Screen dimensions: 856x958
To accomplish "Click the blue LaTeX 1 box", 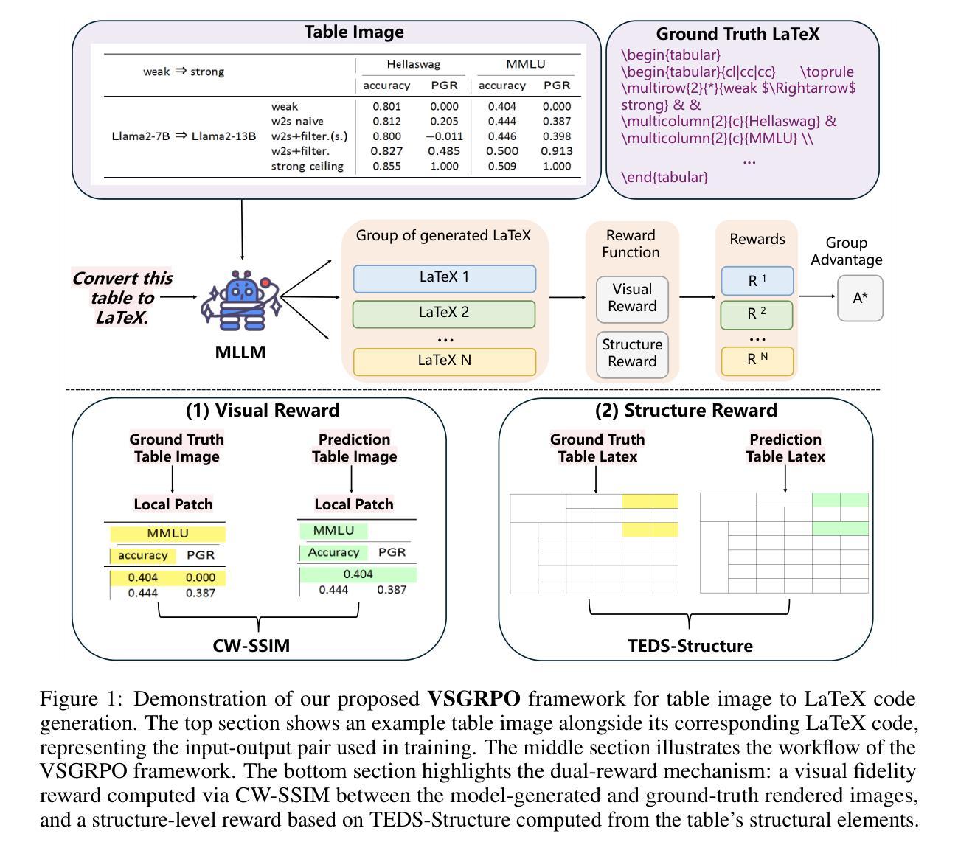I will coord(444,278).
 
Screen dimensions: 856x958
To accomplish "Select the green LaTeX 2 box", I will coord(444,313).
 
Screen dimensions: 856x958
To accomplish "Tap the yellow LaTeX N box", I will coord(444,361).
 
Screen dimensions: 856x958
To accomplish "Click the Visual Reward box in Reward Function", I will coord(632,298).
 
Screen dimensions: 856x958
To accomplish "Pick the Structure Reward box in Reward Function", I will coord(632,353).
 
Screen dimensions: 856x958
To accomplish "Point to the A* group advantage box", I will coord(860,298).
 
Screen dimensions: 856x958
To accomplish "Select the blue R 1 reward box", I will coord(757,280).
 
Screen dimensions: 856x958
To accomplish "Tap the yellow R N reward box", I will coord(757,360).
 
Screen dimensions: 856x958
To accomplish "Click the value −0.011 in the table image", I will coord(444,136).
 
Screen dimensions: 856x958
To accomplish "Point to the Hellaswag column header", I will coord(413,65).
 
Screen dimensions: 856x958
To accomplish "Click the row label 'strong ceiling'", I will coord(307,166).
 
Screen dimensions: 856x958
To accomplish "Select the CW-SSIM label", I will coord(251,646).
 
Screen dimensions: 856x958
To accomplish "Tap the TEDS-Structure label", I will coord(690,646).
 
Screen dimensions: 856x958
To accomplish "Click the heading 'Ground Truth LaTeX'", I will coord(737,34).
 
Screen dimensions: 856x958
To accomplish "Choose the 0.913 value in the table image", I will coord(557,151).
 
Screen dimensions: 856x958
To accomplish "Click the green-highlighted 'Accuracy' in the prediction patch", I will coord(333,552).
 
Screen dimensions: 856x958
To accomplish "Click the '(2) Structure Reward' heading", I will coord(686,411).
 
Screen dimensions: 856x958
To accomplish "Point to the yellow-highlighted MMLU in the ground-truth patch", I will coord(167,533).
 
